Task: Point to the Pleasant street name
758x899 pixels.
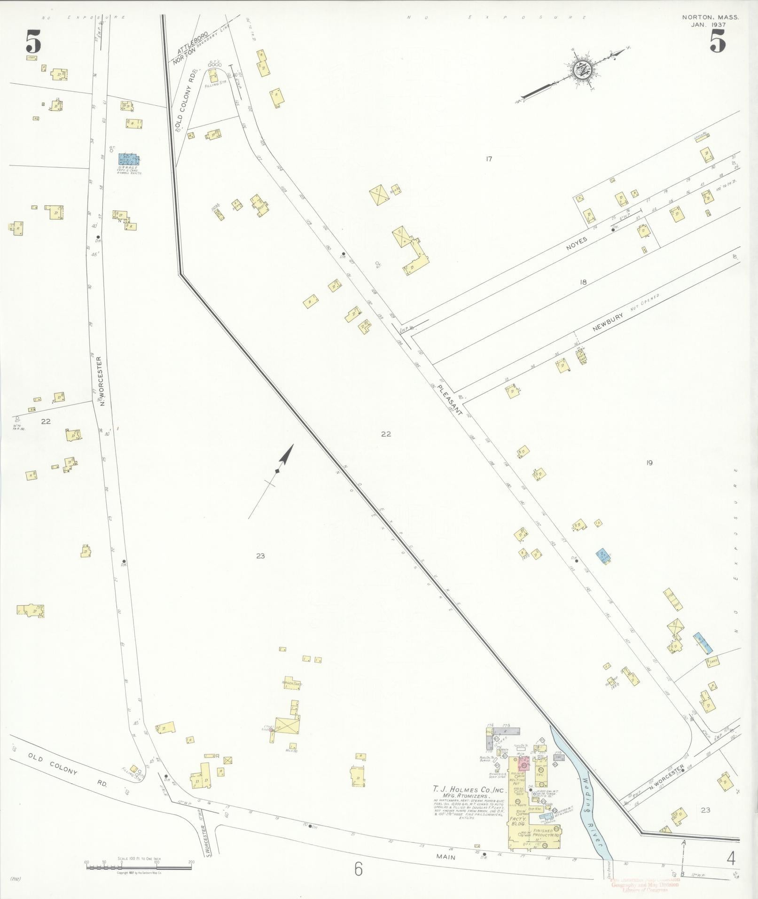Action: tap(449, 400)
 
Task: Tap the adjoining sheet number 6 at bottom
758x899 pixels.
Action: tap(359, 870)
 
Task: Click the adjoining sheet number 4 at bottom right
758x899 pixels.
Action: tap(730, 859)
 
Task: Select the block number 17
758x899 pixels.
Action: tap(489, 159)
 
